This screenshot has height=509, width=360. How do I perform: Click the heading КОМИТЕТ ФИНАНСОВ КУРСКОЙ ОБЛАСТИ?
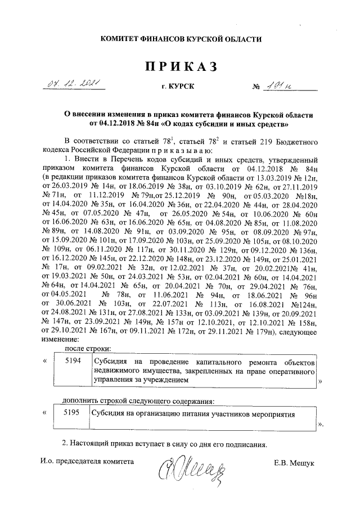point(181,38)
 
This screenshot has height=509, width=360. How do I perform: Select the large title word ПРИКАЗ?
point(181,67)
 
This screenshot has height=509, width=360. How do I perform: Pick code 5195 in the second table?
point(73,412)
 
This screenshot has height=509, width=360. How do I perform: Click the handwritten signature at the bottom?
point(194,467)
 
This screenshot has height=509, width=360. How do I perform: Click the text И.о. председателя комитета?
point(88,461)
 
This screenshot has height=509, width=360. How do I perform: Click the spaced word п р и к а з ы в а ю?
point(175,151)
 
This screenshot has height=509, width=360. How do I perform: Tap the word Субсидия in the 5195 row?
point(110,413)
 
